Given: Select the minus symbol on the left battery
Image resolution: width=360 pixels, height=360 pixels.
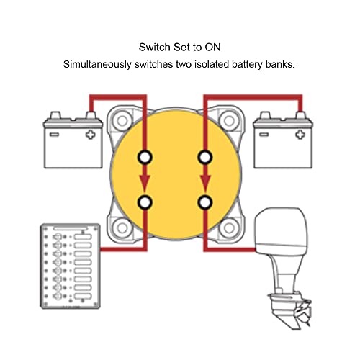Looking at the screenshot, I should point(54,134).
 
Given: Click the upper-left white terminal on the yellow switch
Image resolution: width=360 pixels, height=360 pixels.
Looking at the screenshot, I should point(146,157).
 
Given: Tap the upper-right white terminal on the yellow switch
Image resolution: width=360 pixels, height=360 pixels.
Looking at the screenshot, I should point(206,157).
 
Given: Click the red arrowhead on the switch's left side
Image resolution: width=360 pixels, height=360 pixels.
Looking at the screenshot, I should point(146,182).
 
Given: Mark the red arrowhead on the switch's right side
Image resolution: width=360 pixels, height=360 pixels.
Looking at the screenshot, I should point(206,182).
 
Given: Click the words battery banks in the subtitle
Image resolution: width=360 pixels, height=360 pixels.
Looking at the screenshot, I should point(272,64).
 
